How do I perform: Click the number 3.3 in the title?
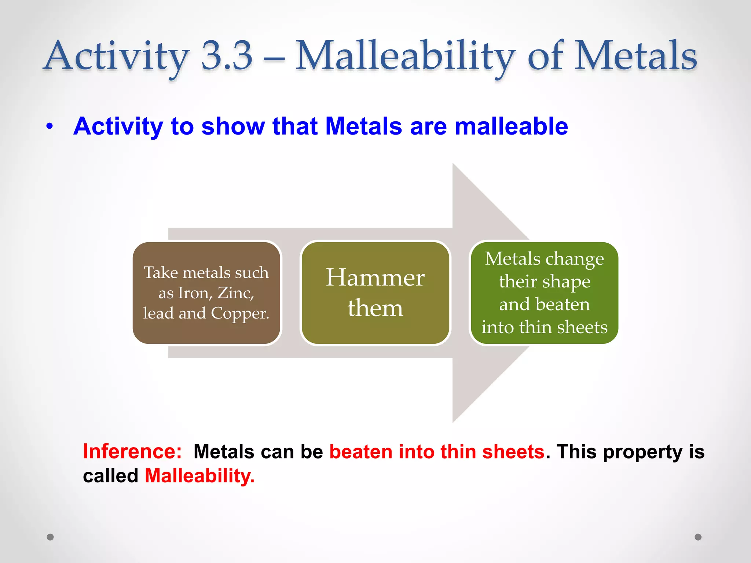tap(227, 56)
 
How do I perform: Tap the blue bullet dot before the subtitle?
tap(50, 126)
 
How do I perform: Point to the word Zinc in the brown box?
tap(235, 293)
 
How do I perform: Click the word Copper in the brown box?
tap(240, 313)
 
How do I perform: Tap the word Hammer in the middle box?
tap(375, 277)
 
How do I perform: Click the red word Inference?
tap(132, 452)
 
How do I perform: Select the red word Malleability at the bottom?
tap(199, 476)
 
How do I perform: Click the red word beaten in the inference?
tap(360, 452)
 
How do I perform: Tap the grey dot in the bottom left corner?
tap(50, 537)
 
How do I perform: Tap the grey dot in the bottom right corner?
tap(698, 537)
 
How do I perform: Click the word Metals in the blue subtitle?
tap(363, 126)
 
